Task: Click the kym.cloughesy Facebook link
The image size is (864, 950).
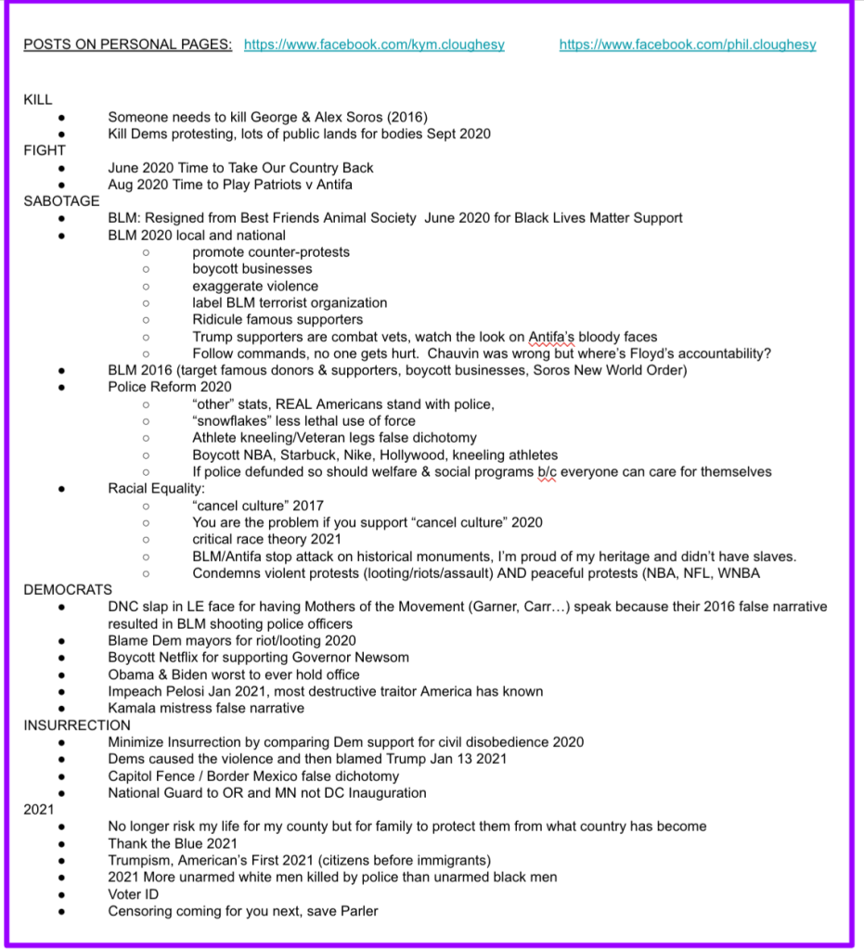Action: point(374,45)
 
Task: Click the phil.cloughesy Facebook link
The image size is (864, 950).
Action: point(688,45)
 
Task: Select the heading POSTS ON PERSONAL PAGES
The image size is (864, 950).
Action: point(128,45)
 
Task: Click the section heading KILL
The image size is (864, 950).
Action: point(38,99)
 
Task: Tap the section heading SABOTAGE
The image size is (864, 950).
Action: point(61,201)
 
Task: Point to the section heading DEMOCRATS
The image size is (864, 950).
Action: point(68,590)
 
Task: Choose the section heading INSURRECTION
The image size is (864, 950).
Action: point(77,725)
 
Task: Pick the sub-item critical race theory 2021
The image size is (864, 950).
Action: point(267,539)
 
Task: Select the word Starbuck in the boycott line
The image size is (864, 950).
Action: point(318,455)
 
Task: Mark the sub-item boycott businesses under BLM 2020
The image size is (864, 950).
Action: point(252,269)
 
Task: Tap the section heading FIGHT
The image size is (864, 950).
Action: point(45,150)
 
